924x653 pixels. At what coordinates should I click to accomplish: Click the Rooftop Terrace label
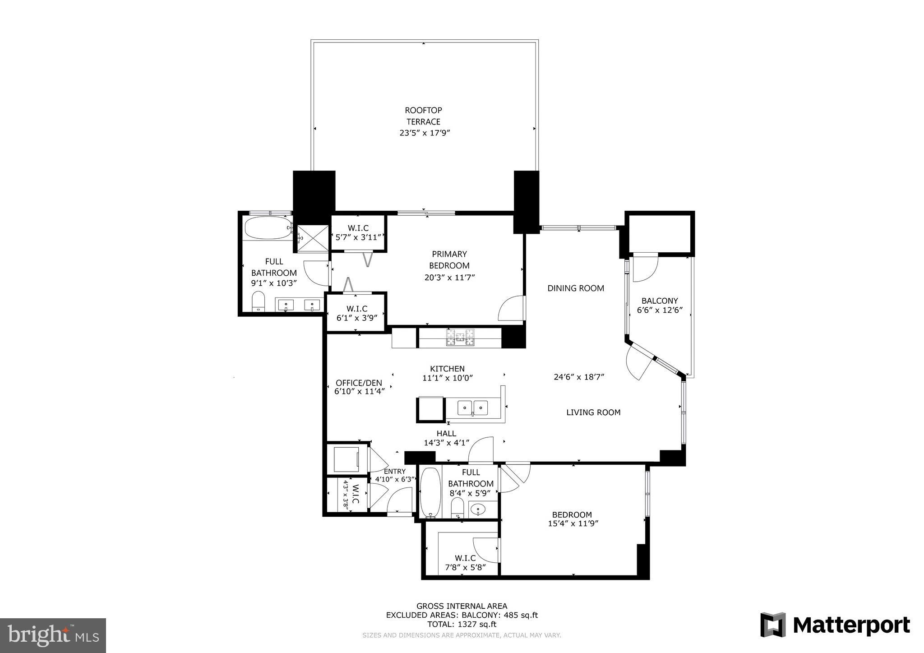click(x=423, y=116)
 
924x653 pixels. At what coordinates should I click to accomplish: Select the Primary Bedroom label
click(x=449, y=259)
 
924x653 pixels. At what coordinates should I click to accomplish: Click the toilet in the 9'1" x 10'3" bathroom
click(x=258, y=301)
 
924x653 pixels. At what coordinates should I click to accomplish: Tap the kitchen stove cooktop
click(x=460, y=337)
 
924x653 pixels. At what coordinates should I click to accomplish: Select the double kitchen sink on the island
click(x=472, y=408)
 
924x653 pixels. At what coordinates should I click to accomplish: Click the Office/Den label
click(x=359, y=383)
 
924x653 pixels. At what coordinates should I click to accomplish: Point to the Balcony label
click(x=660, y=301)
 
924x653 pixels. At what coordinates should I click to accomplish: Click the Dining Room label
click(x=576, y=288)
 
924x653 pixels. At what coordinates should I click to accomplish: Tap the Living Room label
click(x=593, y=412)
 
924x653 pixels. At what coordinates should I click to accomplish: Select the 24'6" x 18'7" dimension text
click(x=579, y=377)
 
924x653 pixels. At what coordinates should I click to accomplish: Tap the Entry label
click(x=395, y=472)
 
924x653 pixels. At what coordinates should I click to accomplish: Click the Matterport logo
click(x=835, y=625)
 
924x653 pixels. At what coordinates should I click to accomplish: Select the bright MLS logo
click(x=53, y=635)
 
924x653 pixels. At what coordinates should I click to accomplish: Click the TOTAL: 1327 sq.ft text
click(x=462, y=625)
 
